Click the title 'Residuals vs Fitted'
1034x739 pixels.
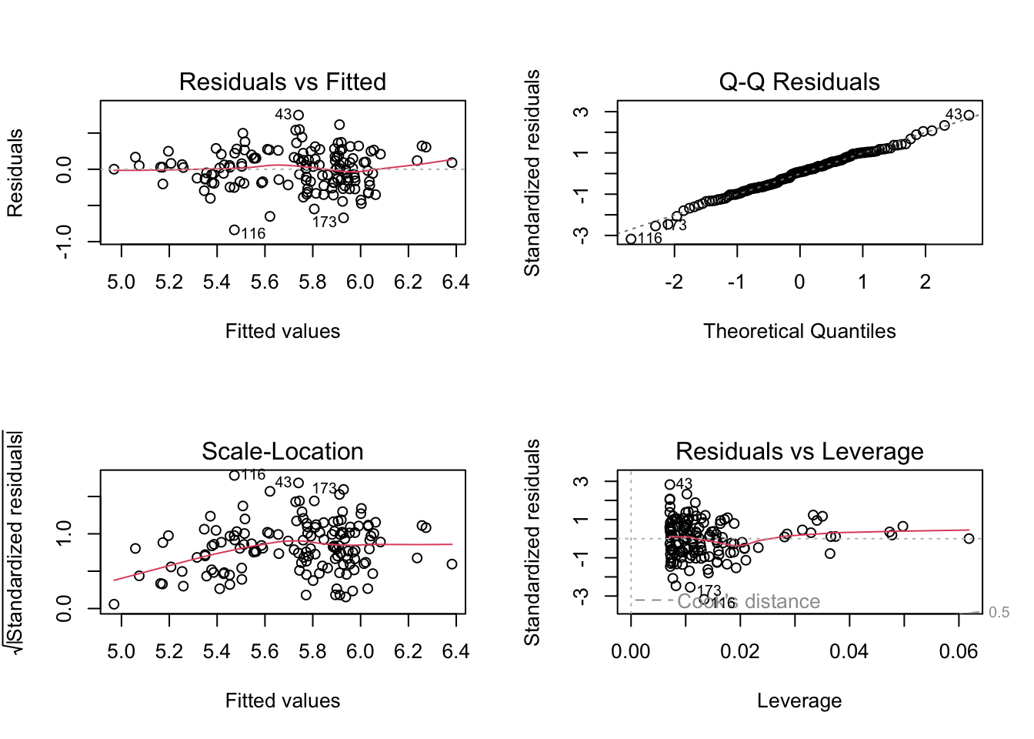coord(282,82)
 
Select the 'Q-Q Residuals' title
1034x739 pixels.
coord(799,82)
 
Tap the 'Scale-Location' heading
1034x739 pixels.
coord(282,451)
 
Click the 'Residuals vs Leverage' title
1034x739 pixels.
coord(799,451)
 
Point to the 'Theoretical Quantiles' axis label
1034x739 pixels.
coord(799,331)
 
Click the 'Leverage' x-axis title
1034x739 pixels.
coord(799,701)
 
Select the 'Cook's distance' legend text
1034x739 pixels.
coord(749,601)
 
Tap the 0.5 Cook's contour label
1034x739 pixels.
coord(999,613)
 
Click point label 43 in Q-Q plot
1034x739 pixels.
coord(954,115)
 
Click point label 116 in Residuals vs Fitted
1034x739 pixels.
coord(253,233)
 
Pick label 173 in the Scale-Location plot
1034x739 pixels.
coord(324,488)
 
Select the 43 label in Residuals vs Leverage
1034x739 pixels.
coord(684,484)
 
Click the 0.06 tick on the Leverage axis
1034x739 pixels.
coord(958,652)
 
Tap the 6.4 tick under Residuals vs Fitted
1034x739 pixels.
coord(455,283)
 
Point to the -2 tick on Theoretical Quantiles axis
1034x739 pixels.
coord(674,283)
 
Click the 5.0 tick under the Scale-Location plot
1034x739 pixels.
coord(121,652)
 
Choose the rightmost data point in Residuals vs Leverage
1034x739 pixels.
coord(969,539)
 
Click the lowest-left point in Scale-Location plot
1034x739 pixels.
coord(114,604)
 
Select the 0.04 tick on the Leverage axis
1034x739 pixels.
coord(849,652)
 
